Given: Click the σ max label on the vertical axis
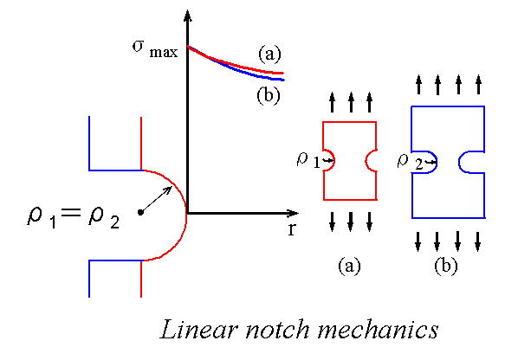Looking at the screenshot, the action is [154, 49].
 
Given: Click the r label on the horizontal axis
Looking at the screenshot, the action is [291, 228].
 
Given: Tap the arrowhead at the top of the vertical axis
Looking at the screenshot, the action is [187, 16].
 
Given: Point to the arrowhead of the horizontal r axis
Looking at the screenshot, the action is [292, 213].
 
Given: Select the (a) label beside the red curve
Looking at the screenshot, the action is [269, 54].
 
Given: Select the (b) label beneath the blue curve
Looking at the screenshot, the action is [269, 95].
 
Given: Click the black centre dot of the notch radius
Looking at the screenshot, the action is [140, 212].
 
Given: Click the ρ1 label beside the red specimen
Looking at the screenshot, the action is [308, 159].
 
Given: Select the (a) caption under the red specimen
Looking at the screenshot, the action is [349, 267].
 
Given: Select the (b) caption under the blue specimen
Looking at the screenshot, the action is [446, 267].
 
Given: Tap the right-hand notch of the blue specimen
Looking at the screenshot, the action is [460, 162].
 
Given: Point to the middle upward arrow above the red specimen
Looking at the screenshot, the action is [351, 102].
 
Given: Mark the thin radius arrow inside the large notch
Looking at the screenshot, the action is [156, 199].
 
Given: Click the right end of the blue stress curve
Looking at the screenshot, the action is [283, 80].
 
